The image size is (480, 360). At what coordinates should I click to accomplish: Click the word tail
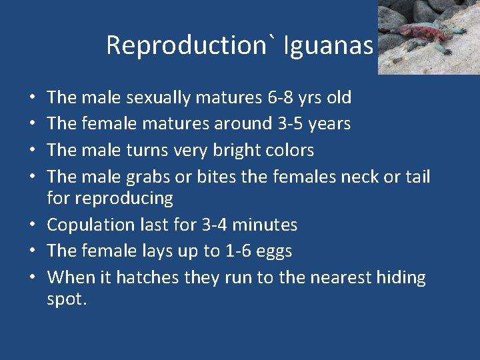(417, 177)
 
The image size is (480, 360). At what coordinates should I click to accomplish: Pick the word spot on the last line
(66, 299)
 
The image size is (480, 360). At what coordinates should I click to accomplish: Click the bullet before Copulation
(33, 225)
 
